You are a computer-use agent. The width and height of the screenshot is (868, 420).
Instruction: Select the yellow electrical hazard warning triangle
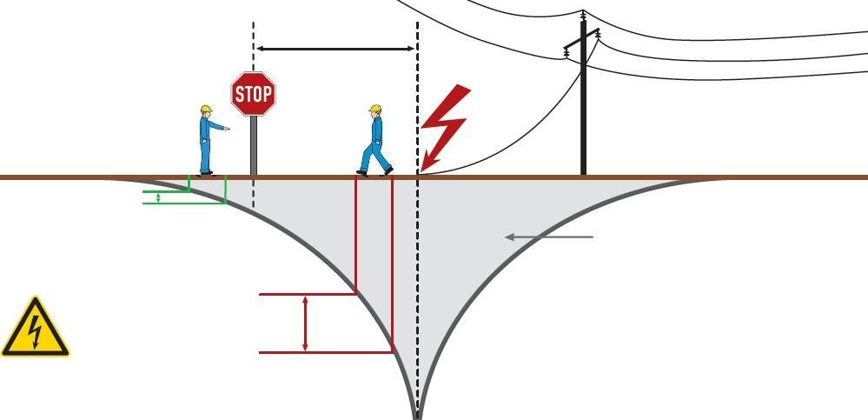point(35,330)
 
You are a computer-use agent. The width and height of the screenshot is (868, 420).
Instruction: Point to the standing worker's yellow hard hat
point(206,110)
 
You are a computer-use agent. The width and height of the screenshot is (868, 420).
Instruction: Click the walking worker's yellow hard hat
point(375,110)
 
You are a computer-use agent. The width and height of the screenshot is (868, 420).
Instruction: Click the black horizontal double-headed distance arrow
point(335,49)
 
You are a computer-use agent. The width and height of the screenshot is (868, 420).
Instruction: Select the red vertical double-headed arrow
point(305,323)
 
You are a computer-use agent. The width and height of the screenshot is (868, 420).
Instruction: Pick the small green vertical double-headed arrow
point(157,197)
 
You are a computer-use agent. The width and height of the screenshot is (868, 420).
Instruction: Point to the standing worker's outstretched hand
point(227,129)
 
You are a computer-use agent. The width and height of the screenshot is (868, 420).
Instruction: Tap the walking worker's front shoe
point(388,171)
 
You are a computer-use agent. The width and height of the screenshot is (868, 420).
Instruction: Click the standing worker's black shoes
point(206,173)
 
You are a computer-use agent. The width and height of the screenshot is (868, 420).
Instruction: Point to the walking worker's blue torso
point(377,131)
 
